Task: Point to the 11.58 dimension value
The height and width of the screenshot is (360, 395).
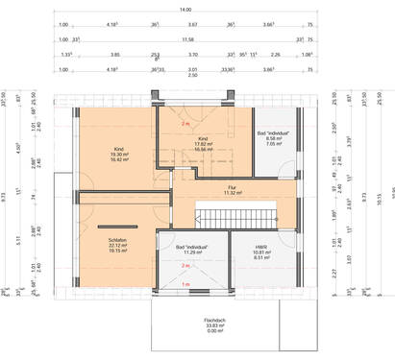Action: pyautogui.click(x=189, y=39)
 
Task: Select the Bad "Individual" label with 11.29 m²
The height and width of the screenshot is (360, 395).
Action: pyautogui.click(x=193, y=251)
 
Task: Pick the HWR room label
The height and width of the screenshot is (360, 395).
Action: pyautogui.click(x=262, y=252)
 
